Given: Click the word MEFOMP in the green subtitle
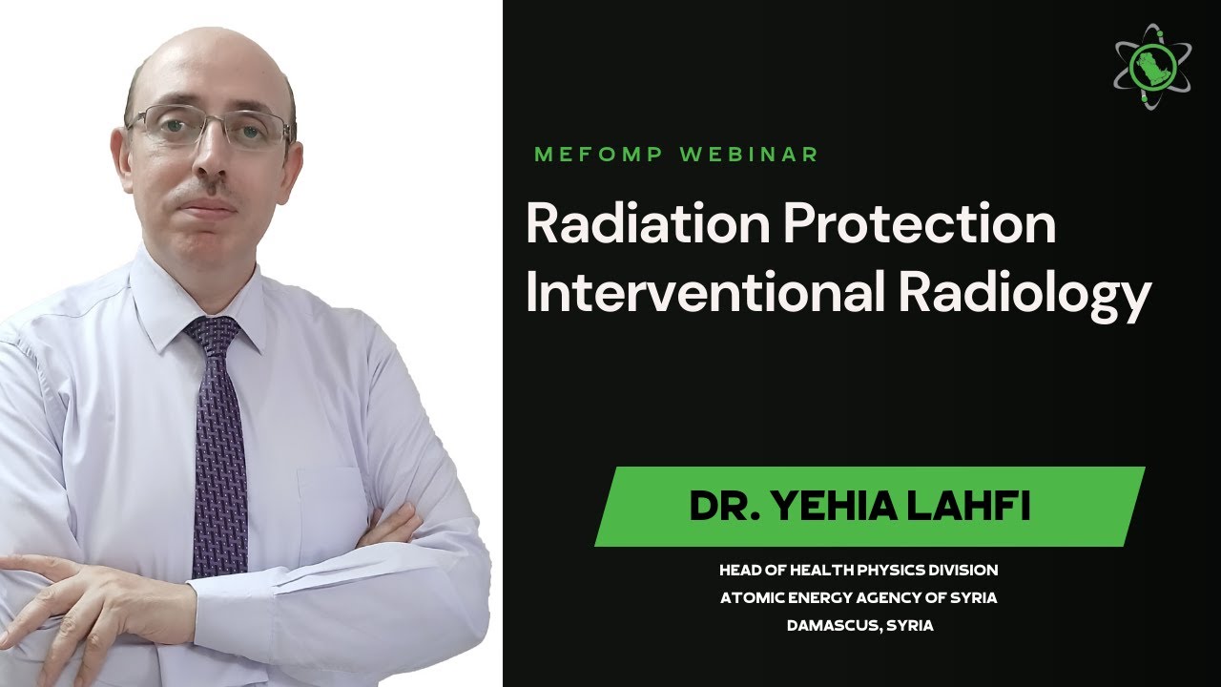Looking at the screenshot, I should pyautogui.click(x=599, y=155).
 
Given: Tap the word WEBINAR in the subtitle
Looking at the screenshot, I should pyautogui.click(x=749, y=155).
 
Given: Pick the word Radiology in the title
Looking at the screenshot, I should pyautogui.click(x=1024, y=294).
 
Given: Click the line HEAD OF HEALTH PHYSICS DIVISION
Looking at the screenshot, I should pyautogui.click(x=859, y=570).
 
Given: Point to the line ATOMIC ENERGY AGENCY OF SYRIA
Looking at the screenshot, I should pyautogui.click(x=859, y=598).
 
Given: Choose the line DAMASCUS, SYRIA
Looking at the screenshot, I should pyautogui.click(x=859, y=626).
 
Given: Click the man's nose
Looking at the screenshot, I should pyautogui.click(x=212, y=164).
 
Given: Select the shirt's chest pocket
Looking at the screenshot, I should pyautogui.click(x=329, y=506).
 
